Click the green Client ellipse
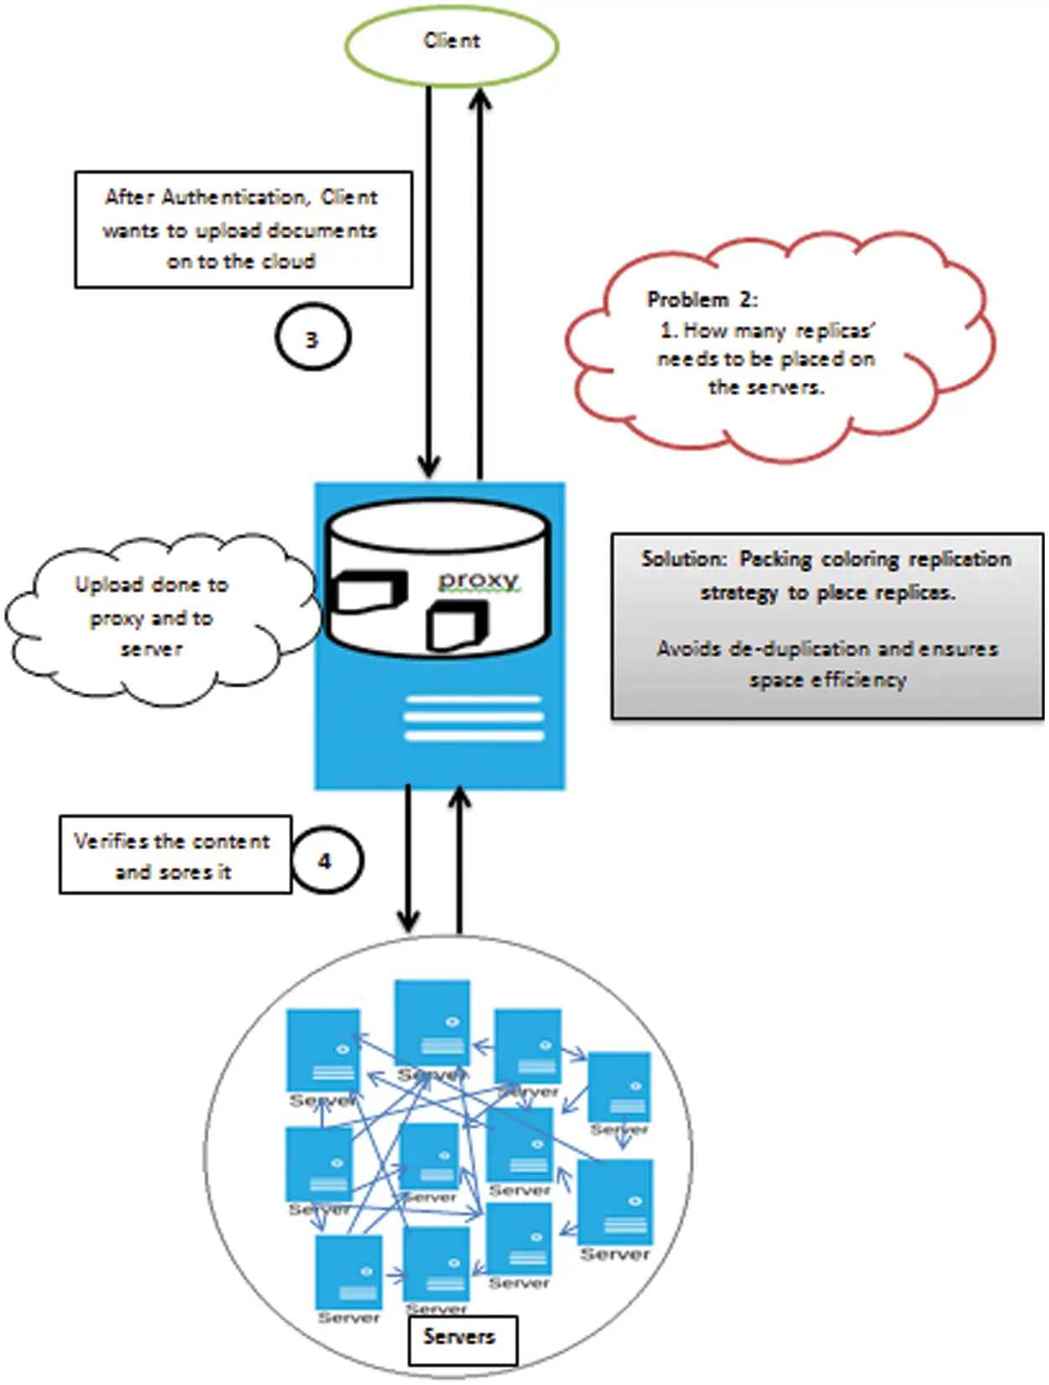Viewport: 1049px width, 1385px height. (451, 45)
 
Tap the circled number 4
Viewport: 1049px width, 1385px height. (326, 861)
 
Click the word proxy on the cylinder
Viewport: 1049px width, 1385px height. (478, 579)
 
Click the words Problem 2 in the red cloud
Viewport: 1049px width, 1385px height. (702, 300)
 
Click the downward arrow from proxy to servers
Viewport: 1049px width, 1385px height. (408, 856)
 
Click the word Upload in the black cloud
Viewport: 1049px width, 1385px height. (107, 584)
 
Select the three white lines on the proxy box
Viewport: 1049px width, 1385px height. (472, 719)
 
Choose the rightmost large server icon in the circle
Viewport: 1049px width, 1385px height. (615, 1202)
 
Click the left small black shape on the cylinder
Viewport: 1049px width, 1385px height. (367, 592)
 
